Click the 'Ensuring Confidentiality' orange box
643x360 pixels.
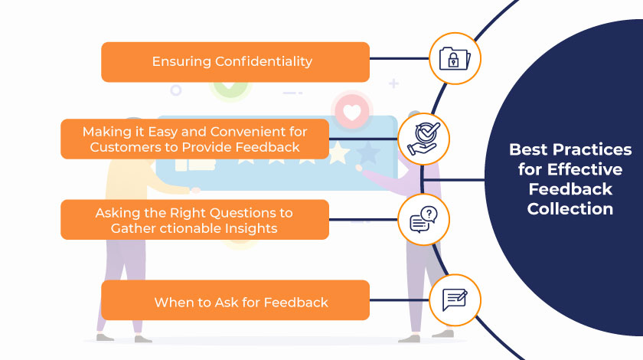pos(235,62)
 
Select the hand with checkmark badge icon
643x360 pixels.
pos(423,139)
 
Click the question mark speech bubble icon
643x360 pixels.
pos(423,219)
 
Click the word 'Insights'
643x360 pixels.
pos(250,228)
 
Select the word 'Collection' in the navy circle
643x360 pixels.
pos(570,208)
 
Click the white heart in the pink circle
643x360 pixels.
pos(352,113)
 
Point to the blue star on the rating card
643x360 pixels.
pos(369,153)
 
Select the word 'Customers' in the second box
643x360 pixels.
pos(121,147)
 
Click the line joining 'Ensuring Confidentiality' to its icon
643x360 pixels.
pos(399,58)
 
